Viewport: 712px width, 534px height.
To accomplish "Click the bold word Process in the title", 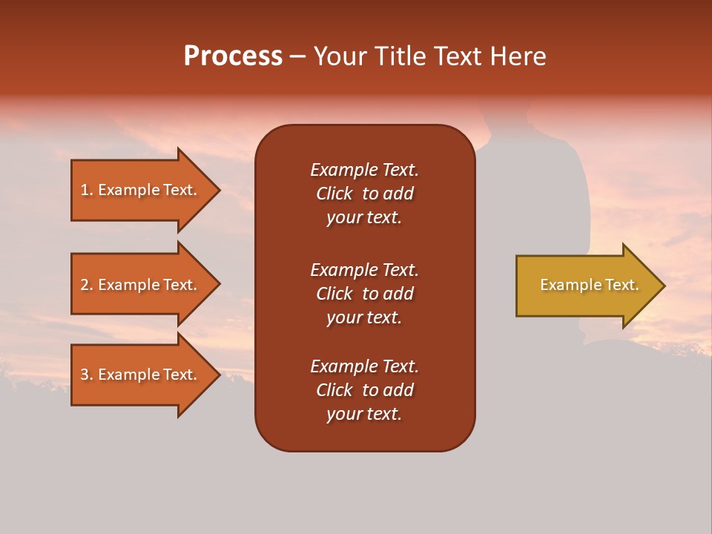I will pyautogui.click(x=233, y=56).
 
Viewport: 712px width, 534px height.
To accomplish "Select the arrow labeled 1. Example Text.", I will pyautogui.click(x=141, y=190).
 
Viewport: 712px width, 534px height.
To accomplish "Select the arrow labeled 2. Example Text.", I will pyautogui.click(x=141, y=285).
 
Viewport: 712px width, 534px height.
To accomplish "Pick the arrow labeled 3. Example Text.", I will pyautogui.click(x=141, y=375).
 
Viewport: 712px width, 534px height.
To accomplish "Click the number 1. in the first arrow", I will pyautogui.click(x=87, y=190).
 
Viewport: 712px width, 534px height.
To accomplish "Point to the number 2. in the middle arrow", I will pyautogui.click(x=87, y=285).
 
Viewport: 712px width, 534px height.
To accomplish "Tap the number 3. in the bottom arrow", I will pyautogui.click(x=87, y=375).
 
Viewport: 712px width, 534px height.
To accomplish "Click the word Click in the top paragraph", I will pyautogui.click(x=334, y=194).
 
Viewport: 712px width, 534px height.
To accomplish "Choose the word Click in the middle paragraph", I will pyautogui.click(x=334, y=294).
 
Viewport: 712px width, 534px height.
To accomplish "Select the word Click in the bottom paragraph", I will pyautogui.click(x=334, y=390).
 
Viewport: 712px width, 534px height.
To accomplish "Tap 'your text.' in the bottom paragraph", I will pyautogui.click(x=364, y=414).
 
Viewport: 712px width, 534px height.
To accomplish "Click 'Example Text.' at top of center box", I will pyautogui.click(x=364, y=170).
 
